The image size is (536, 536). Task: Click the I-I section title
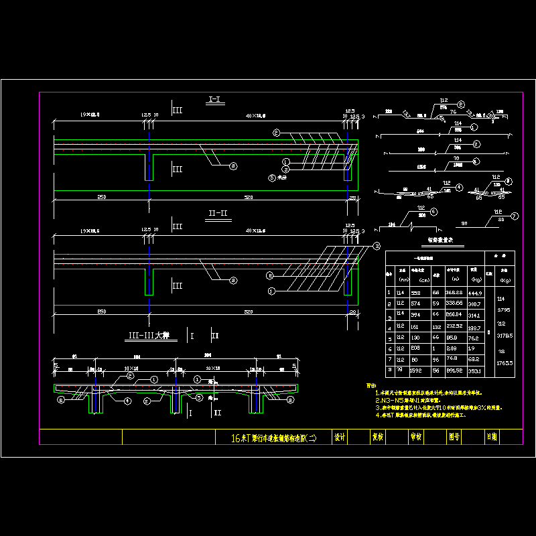point(216,100)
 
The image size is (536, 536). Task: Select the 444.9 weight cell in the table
point(475,292)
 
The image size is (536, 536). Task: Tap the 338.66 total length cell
point(455,304)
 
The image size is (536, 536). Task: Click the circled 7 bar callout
point(515,216)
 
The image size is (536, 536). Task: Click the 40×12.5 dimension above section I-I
point(255,116)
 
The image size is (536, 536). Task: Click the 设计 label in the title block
point(340,437)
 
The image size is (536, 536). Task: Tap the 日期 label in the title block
point(492,437)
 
